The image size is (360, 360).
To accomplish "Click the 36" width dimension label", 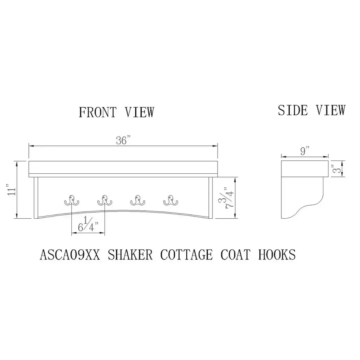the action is point(123,140).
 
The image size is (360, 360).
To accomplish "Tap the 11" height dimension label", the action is point(12,189).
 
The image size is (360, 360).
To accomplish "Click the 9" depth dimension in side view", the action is point(305,151).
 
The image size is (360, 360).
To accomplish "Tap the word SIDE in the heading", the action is point(293,110).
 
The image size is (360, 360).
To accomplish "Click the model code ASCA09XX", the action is point(70,255).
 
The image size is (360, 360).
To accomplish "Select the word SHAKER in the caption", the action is point(130,255).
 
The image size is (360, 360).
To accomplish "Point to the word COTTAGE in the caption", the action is point(186,255).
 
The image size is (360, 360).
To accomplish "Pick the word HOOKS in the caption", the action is point(277,255).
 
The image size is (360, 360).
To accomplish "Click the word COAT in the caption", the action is point(235,255).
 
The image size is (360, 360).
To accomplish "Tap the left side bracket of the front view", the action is point(36,198).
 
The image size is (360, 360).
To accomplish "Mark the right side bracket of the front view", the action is point(211,198).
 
